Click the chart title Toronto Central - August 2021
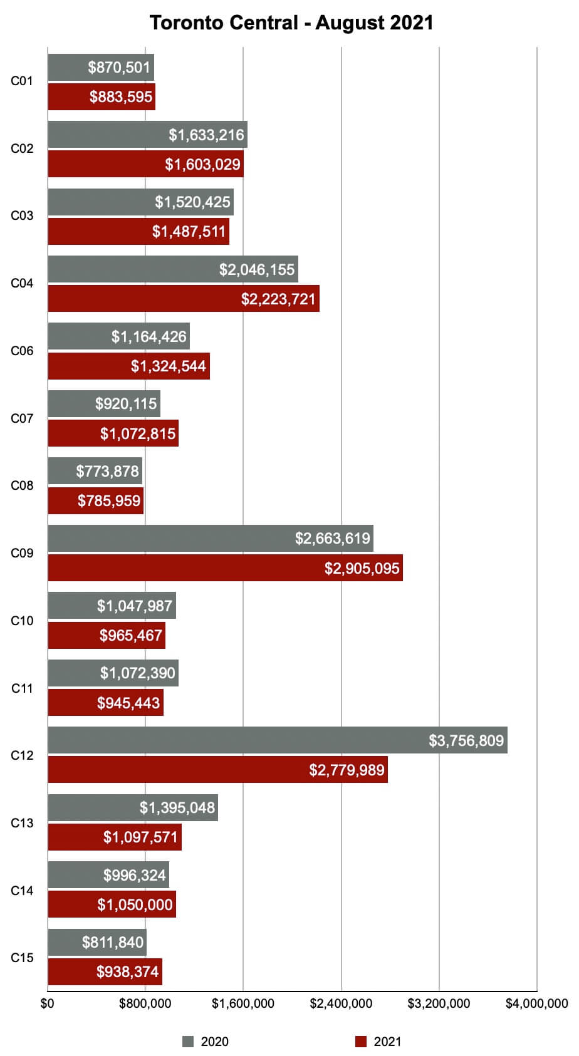coord(291,23)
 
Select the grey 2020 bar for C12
coord(277,740)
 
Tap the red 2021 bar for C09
coord(225,568)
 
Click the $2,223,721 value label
coord(278,299)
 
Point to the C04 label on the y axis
coord(22,283)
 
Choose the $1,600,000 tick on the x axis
coord(243,1003)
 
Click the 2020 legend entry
coord(206,1042)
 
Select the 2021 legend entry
coord(378,1042)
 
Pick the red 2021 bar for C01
coord(102,97)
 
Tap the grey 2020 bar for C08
coord(95,471)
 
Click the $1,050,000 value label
coord(135,904)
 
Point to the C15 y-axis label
coord(22,958)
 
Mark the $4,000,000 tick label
coord(536,1003)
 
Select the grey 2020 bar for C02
coord(147,135)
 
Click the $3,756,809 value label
coord(466,741)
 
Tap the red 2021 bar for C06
coord(128,366)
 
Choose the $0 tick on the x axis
coord(48,1003)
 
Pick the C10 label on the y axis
coord(22,621)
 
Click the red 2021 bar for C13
coord(115,837)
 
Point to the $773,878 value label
coord(107,471)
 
